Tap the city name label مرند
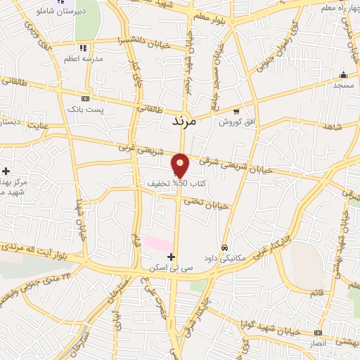click(x=186, y=122)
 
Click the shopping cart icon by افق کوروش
click(x=236, y=110)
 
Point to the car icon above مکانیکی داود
click(x=224, y=247)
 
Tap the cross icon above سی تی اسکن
click(x=172, y=257)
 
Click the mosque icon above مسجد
click(x=343, y=75)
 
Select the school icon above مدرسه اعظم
click(x=83, y=49)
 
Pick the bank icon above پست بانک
click(x=85, y=99)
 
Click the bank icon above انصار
click(x=319, y=332)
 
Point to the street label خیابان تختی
click(x=207, y=203)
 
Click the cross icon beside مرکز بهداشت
click(x=6, y=171)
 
